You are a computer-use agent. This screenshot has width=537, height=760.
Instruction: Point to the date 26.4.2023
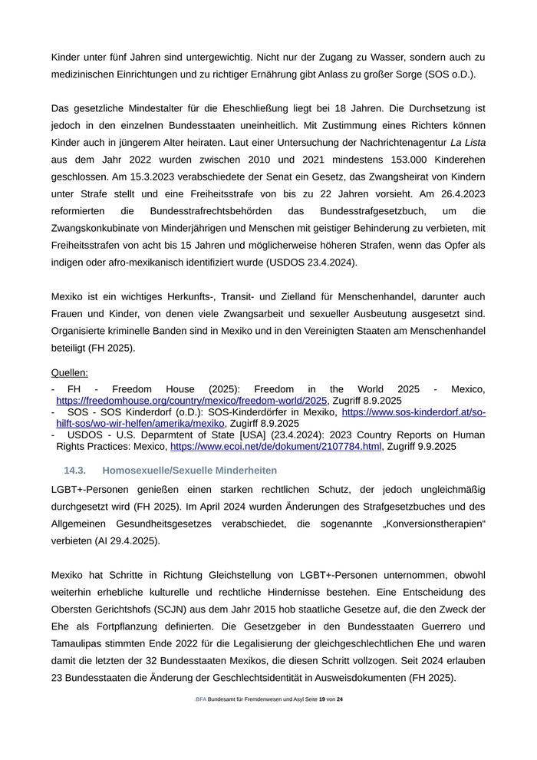click(x=461, y=193)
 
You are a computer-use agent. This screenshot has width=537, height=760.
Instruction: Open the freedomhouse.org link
click(x=192, y=400)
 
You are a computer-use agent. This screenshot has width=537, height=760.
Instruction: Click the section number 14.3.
click(x=74, y=470)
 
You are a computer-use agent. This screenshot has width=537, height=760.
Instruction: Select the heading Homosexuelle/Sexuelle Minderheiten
click(x=189, y=470)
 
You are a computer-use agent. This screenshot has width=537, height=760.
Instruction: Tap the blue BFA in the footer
click(x=201, y=699)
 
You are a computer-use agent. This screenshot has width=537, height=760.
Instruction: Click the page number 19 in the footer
click(x=322, y=699)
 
